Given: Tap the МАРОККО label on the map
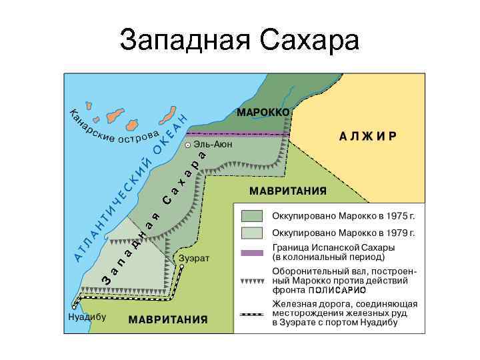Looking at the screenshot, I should pos(263,111).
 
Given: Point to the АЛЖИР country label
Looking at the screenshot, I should pos(369,135).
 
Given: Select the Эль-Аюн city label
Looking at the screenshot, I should pos(213,144).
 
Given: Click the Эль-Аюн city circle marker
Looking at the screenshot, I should pos(188,145).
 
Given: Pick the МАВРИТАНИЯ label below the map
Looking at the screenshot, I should pos(167,319).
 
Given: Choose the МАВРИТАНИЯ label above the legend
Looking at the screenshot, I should pos(288,191).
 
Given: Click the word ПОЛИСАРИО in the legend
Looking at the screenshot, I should pos(337,291).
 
